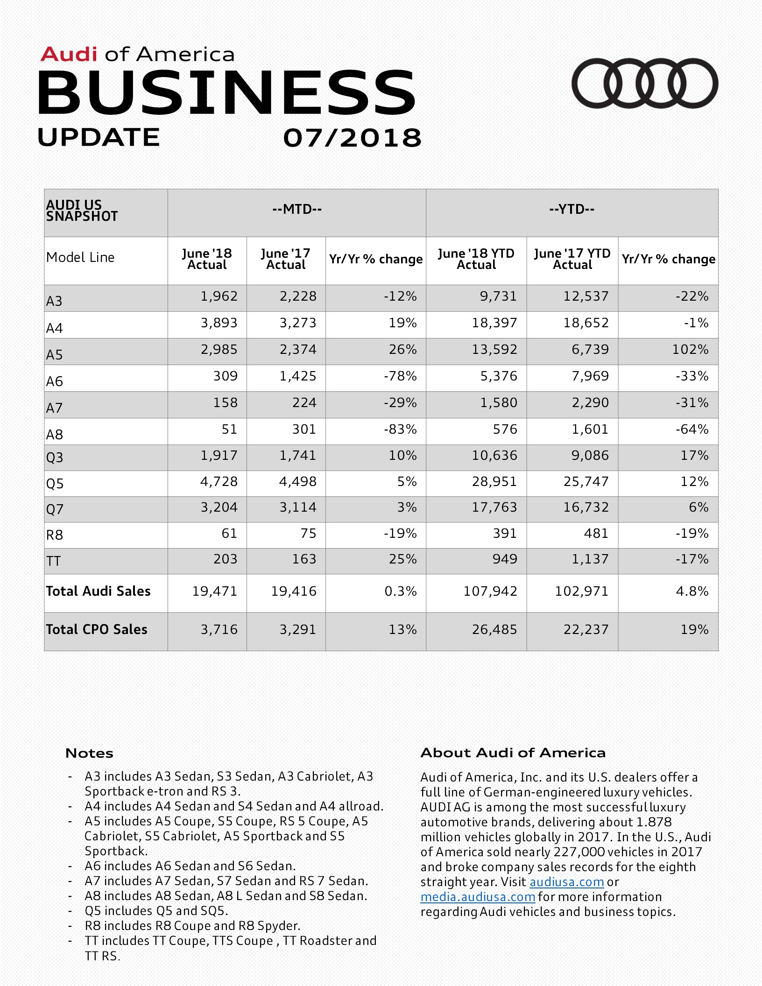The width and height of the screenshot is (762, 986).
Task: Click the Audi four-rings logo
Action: (x=644, y=83)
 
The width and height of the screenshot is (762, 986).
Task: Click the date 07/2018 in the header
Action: (x=352, y=138)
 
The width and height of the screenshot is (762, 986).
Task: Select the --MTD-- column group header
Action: (x=297, y=209)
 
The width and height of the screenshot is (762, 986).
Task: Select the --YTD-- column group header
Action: (x=571, y=209)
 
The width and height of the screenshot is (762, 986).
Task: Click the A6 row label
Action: (x=55, y=381)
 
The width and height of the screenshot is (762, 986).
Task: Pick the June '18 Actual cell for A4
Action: (x=219, y=323)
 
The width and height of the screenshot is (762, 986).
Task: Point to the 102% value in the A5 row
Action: (x=690, y=350)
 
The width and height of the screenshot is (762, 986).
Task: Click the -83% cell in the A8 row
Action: (x=400, y=429)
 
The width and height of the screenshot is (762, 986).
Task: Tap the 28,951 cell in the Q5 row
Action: (x=494, y=482)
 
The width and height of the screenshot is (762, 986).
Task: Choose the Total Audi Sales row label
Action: (x=98, y=592)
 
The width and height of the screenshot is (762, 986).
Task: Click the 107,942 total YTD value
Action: (x=490, y=592)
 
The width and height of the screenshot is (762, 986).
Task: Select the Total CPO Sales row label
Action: (x=97, y=630)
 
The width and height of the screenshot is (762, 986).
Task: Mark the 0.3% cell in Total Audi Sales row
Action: (x=400, y=592)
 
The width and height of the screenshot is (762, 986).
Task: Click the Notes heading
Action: (x=89, y=753)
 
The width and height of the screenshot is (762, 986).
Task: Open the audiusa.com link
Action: (x=566, y=882)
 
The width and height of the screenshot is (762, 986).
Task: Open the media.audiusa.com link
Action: (x=478, y=897)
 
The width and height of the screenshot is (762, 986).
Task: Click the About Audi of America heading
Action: (x=513, y=753)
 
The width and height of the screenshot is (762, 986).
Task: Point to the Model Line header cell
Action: (x=80, y=258)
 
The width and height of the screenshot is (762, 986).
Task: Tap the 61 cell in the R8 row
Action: (x=229, y=533)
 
